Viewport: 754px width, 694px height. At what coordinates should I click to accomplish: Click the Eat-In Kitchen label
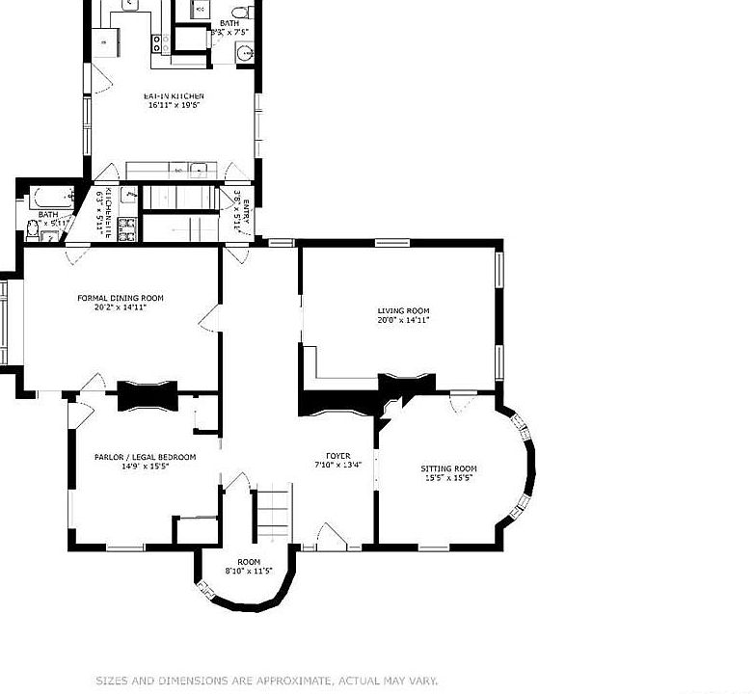pyautogui.click(x=175, y=96)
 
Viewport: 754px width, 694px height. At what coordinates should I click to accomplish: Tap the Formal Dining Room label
pyautogui.click(x=121, y=299)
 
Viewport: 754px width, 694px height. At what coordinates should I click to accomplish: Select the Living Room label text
pyautogui.click(x=403, y=310)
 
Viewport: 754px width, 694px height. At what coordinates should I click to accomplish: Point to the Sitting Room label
pyautogui.click(x=448, y=468)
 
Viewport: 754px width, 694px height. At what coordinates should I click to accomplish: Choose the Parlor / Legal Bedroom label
pyautogui.click(x=145, y=457)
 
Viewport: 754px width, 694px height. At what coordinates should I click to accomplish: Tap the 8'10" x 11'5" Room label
pyautogui.click(x=249, y=562)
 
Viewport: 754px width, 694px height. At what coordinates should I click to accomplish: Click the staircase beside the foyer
pyautogui.click(x=273, y=516)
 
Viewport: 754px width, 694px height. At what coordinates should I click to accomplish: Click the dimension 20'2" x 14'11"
pyautogui.click(x=121, y=308)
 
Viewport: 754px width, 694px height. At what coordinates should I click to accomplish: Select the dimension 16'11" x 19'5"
pyautogui.click(x=175, y=106)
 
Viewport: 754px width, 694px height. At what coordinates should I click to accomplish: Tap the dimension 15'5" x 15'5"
pyautogui.click(x=448, y=478)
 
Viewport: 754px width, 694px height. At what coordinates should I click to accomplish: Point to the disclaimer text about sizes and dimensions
pyautogui.click(x=267, y=680)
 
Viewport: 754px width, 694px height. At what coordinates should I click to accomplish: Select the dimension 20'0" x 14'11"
pyautogui.click(x=403, y=320)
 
